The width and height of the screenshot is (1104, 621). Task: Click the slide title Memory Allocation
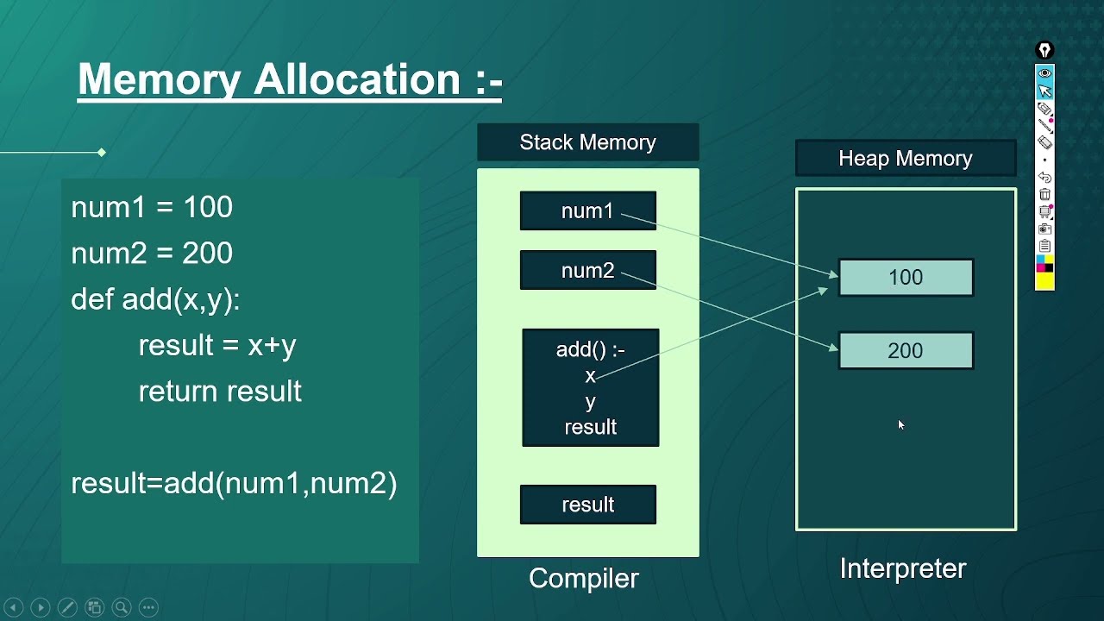point(290,79)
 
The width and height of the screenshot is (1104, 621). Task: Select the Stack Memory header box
point(587,142)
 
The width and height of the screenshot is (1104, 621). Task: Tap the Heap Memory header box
point(905,159)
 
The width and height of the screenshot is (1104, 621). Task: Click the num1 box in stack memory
point(587,211)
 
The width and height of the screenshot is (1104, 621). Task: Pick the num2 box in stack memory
point(587,271)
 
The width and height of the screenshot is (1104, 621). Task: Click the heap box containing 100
point(906,278)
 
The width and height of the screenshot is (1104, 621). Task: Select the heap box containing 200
point(906,351)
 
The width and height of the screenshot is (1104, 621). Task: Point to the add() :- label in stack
point(590,349)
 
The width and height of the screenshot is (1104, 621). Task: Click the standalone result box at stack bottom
point(587,505)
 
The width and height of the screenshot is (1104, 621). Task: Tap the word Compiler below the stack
point(584,578)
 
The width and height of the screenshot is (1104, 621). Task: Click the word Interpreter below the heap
point(903,568)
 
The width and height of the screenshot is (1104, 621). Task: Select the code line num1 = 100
point(152,207)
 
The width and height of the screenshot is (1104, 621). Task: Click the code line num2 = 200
point(152,253)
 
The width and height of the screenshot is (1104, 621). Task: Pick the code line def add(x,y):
point(155,299)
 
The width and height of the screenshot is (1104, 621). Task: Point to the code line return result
point(220,391)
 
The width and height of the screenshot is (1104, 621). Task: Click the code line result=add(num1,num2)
point(234,483)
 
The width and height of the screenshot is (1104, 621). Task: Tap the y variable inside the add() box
point(590,402)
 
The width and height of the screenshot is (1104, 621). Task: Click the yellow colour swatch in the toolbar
point(1044,281)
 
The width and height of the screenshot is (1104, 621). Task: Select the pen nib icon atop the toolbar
point(1044,50)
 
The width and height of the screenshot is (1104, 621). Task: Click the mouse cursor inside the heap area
point(900,424)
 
